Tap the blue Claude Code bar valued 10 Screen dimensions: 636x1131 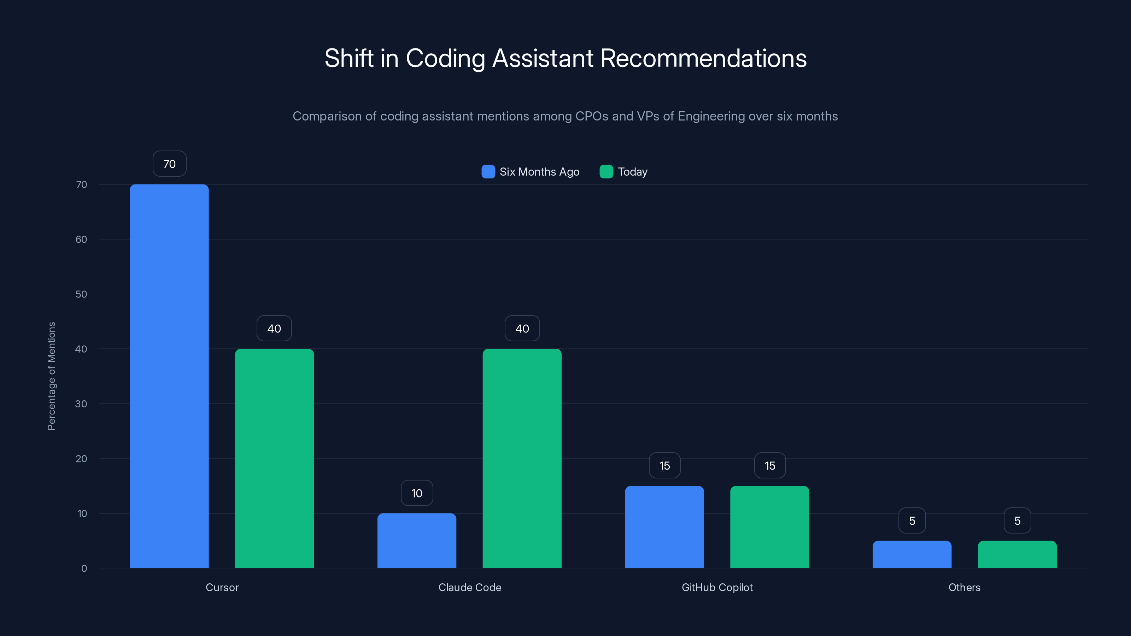pos(417,540)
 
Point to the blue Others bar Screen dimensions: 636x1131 pos(912,554)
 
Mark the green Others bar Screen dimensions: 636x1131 pos(1017,554)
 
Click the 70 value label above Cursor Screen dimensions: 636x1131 pos(170,164)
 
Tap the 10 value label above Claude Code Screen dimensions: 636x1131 pos(417,493)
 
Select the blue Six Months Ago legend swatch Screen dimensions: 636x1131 pos(488,172)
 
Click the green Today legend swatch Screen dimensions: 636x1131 pos(606,172)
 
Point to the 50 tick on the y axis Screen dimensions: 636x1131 pos(81,294)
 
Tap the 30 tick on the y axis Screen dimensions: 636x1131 pos(81,404)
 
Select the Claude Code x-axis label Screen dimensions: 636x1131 pos(470,587)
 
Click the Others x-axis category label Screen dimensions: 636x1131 pos(964,587)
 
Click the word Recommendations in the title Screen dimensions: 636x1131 pos(703,58)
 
